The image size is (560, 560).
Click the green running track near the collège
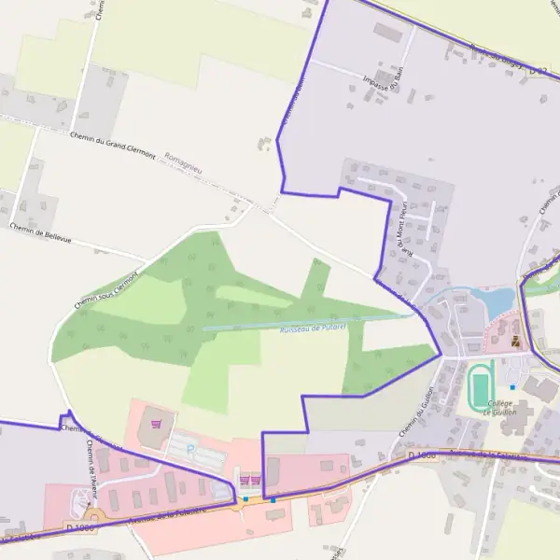[x=480, y=387]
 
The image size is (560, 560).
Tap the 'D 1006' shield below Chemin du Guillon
[x=422, y=455]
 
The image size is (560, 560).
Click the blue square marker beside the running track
[x=512, y=386]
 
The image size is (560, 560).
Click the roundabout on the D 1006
[x=92, y=514]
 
